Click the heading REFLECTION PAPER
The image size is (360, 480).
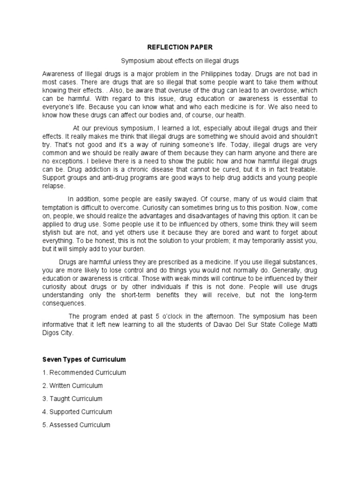click(180, 47)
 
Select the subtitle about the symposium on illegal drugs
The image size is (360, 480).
click(180, 61)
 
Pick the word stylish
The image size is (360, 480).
click(53, 232)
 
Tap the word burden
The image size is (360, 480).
click(134, 248)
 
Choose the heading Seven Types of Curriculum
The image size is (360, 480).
click(84, 359)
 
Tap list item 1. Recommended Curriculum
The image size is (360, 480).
click(84, 372)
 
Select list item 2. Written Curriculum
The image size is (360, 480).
click(72, 385)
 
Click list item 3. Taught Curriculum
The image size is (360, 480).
click(72, 398)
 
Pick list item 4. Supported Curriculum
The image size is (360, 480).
click(77, 412)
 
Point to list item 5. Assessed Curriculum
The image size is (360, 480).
click(76, 425)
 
